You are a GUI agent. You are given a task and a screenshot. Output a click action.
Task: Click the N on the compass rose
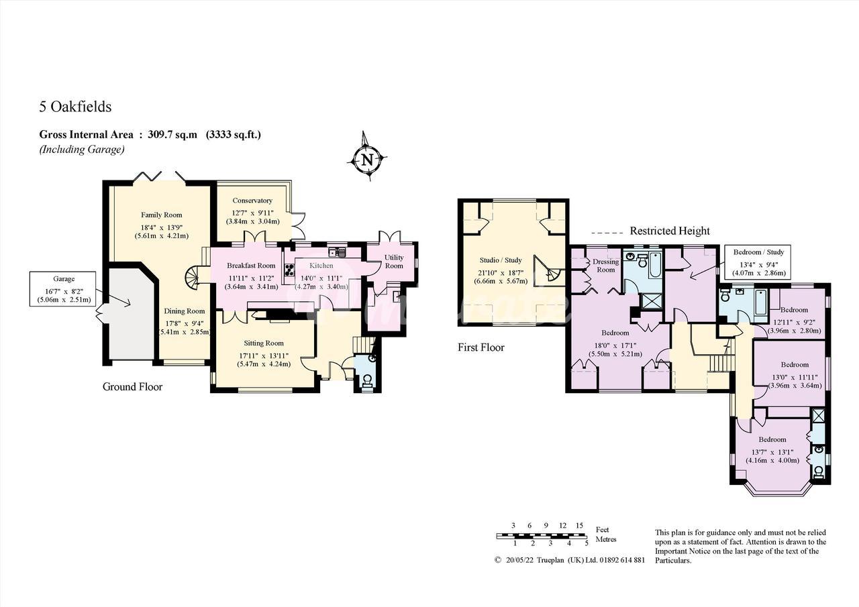(368, 159)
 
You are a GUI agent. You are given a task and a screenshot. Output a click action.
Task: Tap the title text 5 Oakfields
(75, 107)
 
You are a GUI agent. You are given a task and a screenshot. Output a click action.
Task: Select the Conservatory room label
(252, 201)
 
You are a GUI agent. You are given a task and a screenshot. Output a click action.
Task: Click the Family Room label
(162, 215)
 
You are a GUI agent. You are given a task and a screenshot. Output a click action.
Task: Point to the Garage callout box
(62, 289)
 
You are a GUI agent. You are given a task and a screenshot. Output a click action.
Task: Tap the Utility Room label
(394, 262)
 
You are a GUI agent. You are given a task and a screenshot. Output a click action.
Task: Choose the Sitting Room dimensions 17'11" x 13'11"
(264, 355)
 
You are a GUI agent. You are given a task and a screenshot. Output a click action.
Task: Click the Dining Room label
(185, 311)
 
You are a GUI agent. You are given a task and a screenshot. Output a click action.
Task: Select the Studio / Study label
(501, 260)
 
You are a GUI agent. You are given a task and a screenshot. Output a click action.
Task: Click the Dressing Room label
(606, 266)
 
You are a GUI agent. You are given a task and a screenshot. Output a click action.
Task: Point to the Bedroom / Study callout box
(758, 262)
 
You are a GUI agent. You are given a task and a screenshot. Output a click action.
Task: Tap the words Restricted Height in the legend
(670, 231)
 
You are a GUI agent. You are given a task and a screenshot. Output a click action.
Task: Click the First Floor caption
(481, 347)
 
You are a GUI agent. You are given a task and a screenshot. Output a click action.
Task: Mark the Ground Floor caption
(132, 386)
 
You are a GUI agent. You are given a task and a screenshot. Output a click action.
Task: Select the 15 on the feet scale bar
(579, 525)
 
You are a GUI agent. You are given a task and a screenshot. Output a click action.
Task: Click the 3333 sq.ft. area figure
(234, 135)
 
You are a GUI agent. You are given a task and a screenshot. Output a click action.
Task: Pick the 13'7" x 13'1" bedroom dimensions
(772, 452)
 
